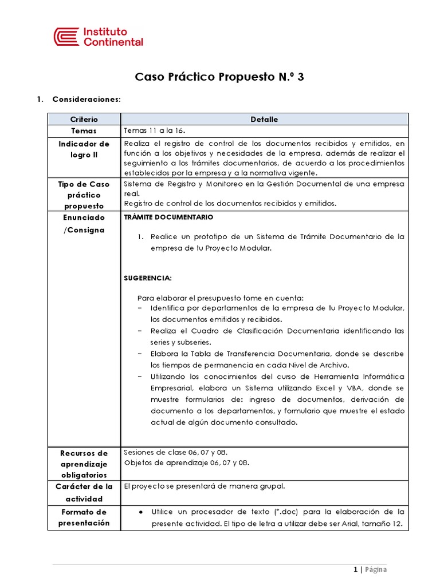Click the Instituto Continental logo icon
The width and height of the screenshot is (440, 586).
(x=66, y=37)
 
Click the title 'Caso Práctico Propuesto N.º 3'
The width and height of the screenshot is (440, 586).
(x=219, y=77)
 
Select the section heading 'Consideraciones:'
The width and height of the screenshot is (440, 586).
(x=87, y=99)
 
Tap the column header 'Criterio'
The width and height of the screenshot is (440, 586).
(x=84, y=119)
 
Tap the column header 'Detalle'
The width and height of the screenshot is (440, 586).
(x=264, y=119)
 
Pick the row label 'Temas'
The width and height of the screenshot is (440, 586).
(x=84, y=131)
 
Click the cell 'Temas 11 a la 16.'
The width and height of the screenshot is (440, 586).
(x=154, y=131)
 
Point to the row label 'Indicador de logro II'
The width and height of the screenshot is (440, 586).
(x=84, y=149)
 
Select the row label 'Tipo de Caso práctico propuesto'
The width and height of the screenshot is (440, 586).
(x=84, y=195)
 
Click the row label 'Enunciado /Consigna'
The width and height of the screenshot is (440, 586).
(x=84, y=224)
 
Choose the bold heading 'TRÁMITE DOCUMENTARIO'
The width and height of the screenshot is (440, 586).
(x=168, y=217)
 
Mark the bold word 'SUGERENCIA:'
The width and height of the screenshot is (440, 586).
(x=148, y=278)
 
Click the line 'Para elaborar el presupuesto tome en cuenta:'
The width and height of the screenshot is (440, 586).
(x=220, y=298)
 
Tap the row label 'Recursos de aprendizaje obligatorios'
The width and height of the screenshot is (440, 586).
(x=84, y=464)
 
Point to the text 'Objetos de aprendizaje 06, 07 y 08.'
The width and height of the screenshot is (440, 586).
(x=187, y=462)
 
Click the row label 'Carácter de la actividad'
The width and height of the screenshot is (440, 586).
(x=84, y=493)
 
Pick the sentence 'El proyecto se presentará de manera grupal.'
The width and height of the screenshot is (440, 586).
(x=204, y=486)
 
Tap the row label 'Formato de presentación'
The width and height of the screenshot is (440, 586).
(x=84, y=517)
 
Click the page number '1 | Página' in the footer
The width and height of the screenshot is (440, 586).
(x=370, y=569)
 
